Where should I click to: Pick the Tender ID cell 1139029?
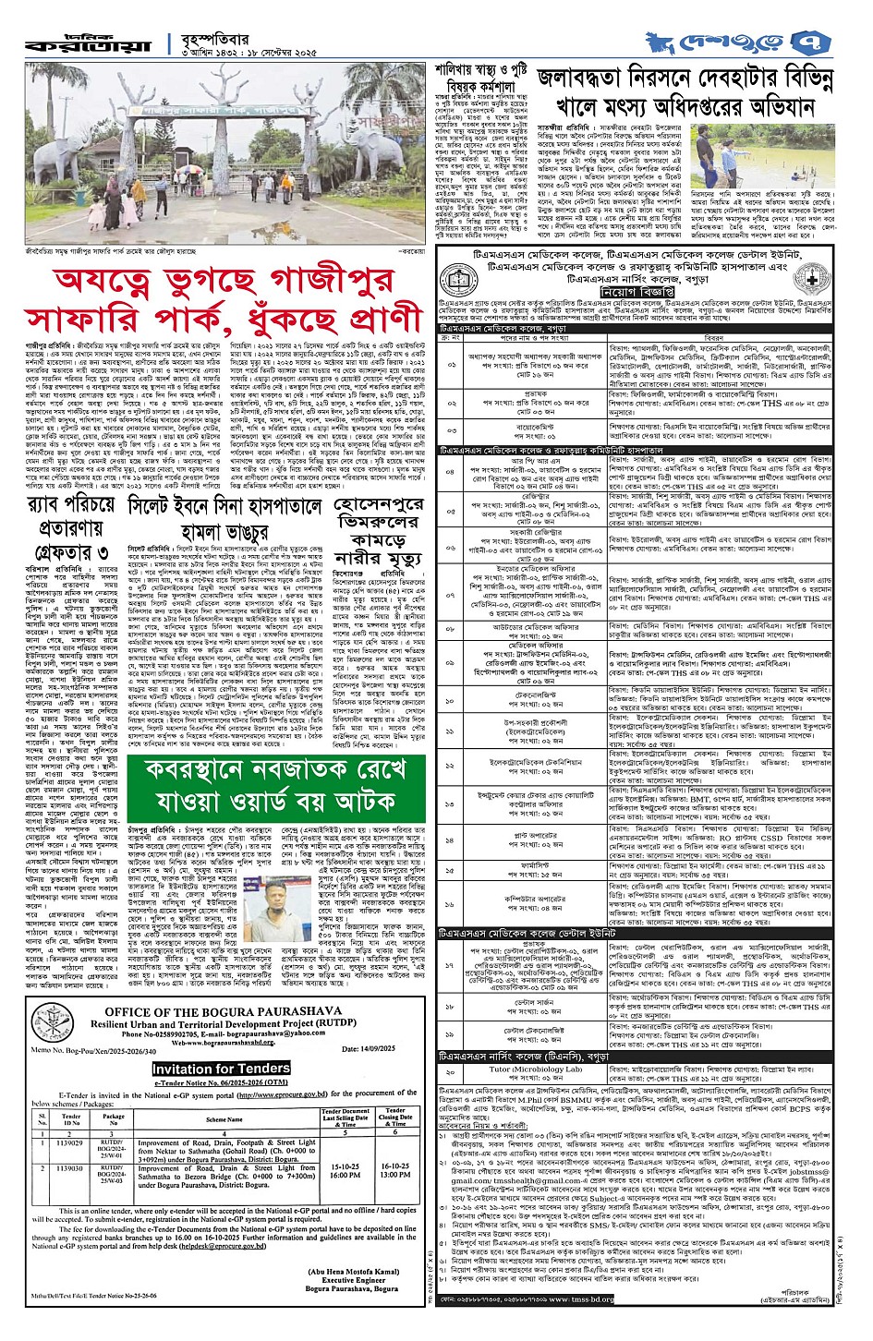[71, 1143]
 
